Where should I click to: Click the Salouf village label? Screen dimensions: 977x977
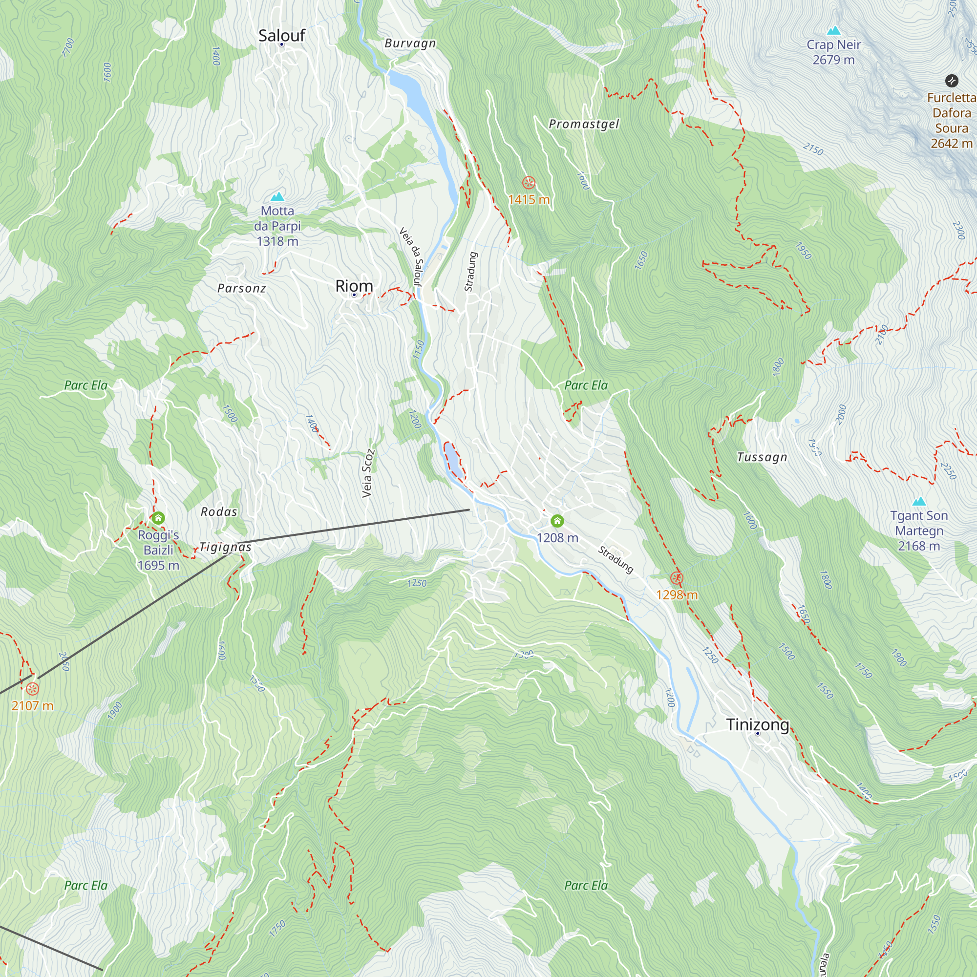pos(282,35)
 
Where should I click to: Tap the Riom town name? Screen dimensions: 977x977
pos(354,286)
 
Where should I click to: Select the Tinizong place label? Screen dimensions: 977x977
pos(758,724)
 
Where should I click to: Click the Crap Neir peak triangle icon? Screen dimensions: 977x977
pos(833,30)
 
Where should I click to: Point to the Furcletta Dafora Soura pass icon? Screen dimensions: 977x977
pos(951,81)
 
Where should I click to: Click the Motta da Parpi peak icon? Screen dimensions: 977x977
pos(277,196)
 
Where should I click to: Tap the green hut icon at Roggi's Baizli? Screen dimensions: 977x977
pos(158,518)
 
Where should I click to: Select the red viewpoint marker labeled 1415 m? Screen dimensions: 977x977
pos(529,183)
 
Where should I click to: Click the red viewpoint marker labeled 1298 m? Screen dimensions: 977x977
pos(677,578)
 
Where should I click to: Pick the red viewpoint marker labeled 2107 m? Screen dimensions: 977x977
pos(32,689)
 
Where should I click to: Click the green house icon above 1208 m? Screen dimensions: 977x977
pos(557,521)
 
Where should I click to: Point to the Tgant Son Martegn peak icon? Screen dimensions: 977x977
pos(919,501)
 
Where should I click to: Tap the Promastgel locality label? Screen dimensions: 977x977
pos(584,124)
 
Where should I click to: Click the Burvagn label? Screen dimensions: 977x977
pos(410,43)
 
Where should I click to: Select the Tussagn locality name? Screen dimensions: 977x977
pos(762,457)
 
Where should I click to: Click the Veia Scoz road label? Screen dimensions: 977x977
pos(368,473)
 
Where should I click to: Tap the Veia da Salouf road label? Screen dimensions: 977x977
pos(411,256)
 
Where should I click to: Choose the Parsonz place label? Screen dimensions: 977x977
pos(241,288)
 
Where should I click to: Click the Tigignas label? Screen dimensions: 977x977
pos(226,547)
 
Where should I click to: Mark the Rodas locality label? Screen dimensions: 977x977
pos(219,512)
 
